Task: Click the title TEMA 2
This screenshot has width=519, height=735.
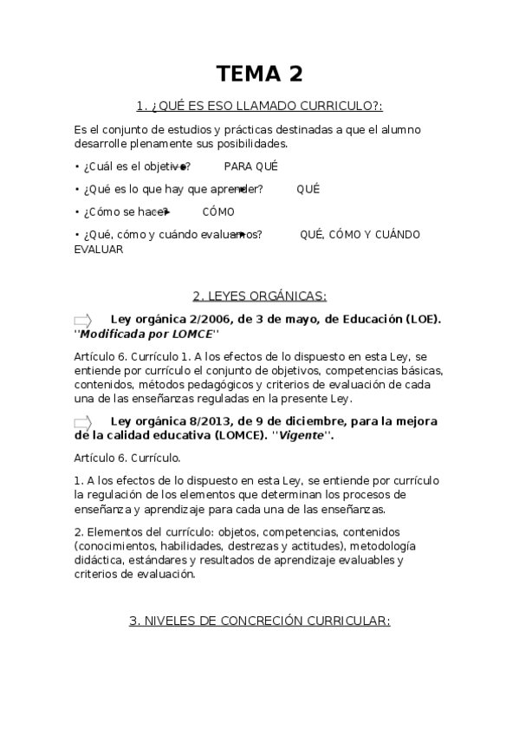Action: tap(259, 74)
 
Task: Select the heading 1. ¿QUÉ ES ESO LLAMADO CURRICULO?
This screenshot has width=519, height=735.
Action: tap(259, 107)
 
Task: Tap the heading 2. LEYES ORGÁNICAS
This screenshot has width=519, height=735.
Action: tap(259, 296)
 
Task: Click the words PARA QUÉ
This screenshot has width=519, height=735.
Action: tap(250, 166)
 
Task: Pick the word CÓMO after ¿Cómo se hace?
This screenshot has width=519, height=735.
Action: tap(217, 211)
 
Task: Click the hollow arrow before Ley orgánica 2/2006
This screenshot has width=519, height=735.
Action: tap(83, 320)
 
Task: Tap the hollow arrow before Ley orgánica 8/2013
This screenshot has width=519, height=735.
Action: tap(83, 423)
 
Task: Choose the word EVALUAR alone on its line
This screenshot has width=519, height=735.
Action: tap(99, 249)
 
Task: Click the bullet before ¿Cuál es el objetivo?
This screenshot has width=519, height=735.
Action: tap(77, 166)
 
